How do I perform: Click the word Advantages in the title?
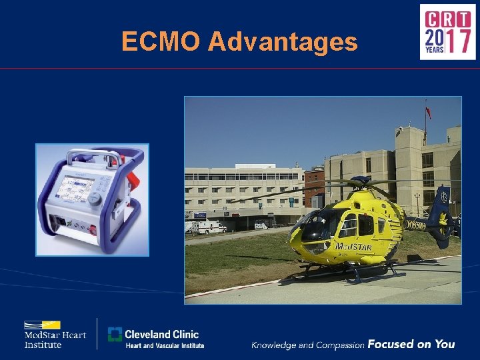(x=283, y=43)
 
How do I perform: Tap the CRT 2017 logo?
(x=447, y=32)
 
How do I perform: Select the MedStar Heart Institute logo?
(x=55, y=333)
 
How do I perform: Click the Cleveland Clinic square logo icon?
(x=115, y=335)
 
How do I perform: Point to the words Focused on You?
(x=411, y=344)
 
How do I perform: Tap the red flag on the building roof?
(x=428, y=111)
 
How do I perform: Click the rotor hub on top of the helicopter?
(x=361, y=180)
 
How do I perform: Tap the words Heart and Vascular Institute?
(x=165, y=345)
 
